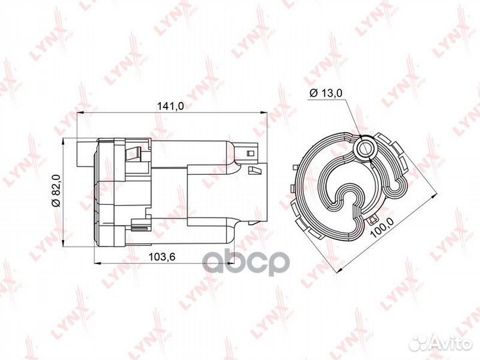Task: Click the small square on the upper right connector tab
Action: pos(251,155)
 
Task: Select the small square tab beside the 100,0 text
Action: pos(370,219)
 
